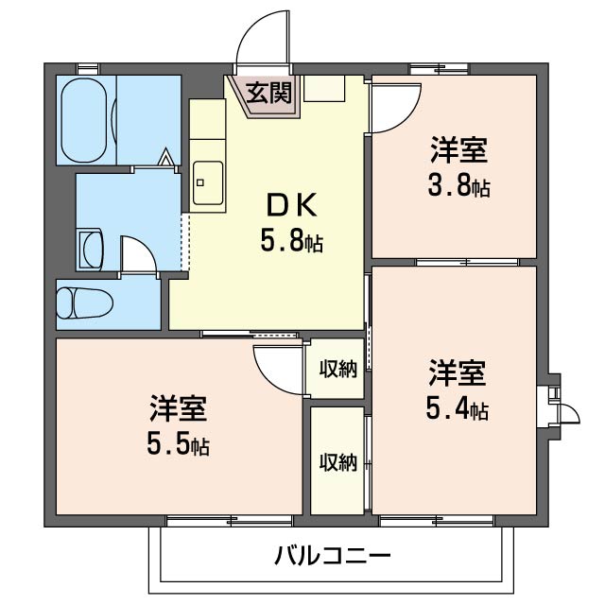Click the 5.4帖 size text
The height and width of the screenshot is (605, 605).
coord(458,409)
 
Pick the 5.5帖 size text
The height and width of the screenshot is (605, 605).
coord(178,442)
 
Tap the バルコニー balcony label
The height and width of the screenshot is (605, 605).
coord(332,554)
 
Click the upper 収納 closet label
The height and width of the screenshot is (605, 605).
coord(337,369)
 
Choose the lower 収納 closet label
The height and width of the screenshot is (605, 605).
coord(337,462)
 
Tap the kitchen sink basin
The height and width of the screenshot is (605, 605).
coord(208,181)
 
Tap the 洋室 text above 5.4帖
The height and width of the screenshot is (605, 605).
coord(458,373)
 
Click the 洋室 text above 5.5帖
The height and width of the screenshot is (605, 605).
coord(178,408)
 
